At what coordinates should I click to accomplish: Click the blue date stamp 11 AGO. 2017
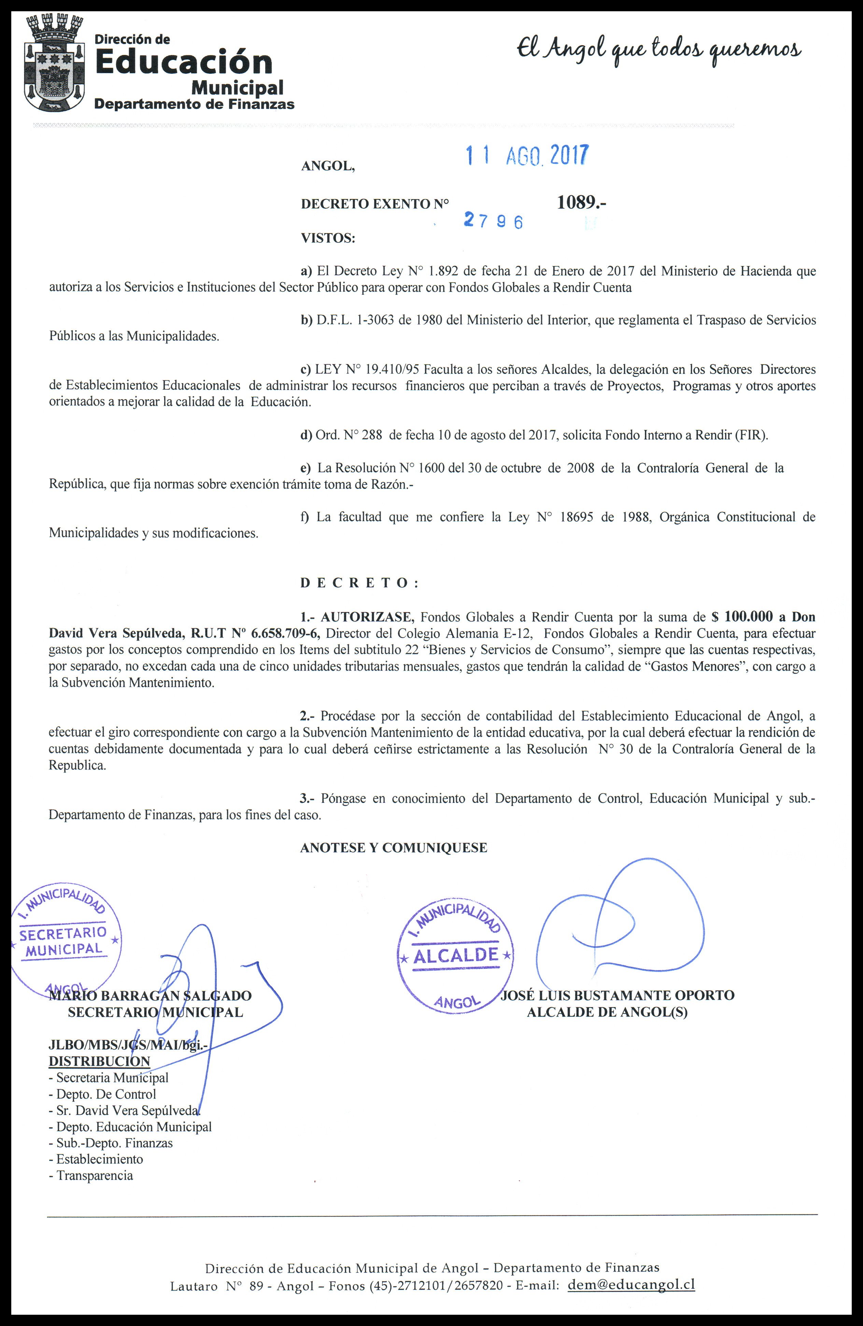pos(526,156)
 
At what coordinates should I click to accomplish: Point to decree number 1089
pos(581,203)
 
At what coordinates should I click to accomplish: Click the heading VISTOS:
pos(328,238)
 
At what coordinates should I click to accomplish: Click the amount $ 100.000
pos(742,617)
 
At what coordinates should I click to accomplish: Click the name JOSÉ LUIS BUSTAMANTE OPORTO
pos(617,995)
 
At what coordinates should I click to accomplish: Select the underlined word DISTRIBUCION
pos(99,1061)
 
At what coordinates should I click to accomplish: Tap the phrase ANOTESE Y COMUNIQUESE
pos(393,848)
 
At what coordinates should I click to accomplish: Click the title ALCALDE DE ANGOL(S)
pos(607,1012)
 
